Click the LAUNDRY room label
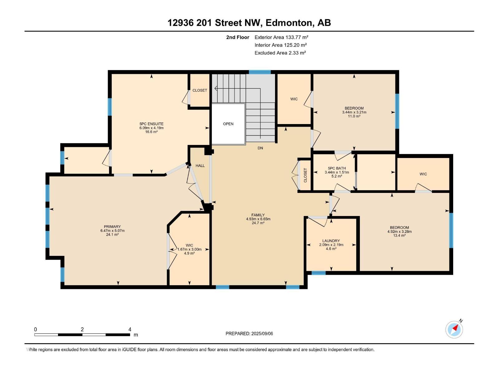(x=331, y=241)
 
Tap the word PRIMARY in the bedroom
(x=112, y=227)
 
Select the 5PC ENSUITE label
(x=151, y=124)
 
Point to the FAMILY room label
(x=258, y=215)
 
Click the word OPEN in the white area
(x=228, y=124)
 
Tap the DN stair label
(x=260, y=148)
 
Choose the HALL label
(x=200, y=165)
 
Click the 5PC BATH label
(x=337, y=168)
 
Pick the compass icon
(x=454, y=329)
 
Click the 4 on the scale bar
(x=130, y=329)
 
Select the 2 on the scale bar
(x=82, y=329)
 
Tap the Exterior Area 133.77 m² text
(x=281, y=37)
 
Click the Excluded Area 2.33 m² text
(x=280, y=53)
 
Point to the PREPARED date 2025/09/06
(x=262, y=333)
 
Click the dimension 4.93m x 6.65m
(x=258, y=219)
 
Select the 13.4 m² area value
(x=400, y=236)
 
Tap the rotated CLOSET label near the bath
(x=305, y=175)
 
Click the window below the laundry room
(x=318, y=273)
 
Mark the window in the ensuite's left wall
(x=109, y=107)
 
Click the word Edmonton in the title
(x=289, y=23)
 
